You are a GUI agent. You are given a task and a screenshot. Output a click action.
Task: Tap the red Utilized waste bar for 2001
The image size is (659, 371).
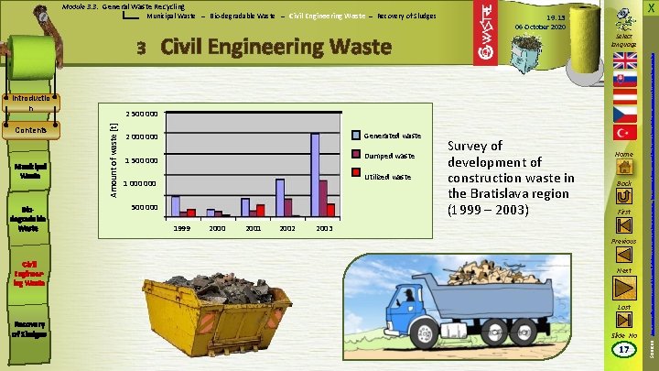point(261,210)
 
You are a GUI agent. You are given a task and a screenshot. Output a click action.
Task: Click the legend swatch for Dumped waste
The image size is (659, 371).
point(357,156)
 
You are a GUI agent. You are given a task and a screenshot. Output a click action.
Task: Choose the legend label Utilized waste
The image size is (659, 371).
point(389,176)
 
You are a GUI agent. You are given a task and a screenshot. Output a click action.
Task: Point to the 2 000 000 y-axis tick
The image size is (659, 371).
point(142,137)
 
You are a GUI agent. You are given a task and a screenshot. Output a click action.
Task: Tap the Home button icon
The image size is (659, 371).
point(625,168)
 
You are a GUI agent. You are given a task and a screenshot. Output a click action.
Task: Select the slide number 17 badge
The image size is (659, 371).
point(624,349)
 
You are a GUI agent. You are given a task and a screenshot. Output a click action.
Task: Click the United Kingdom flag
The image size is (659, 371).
point(625,60)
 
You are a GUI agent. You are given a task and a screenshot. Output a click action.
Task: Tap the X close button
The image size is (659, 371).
point(649,7)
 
